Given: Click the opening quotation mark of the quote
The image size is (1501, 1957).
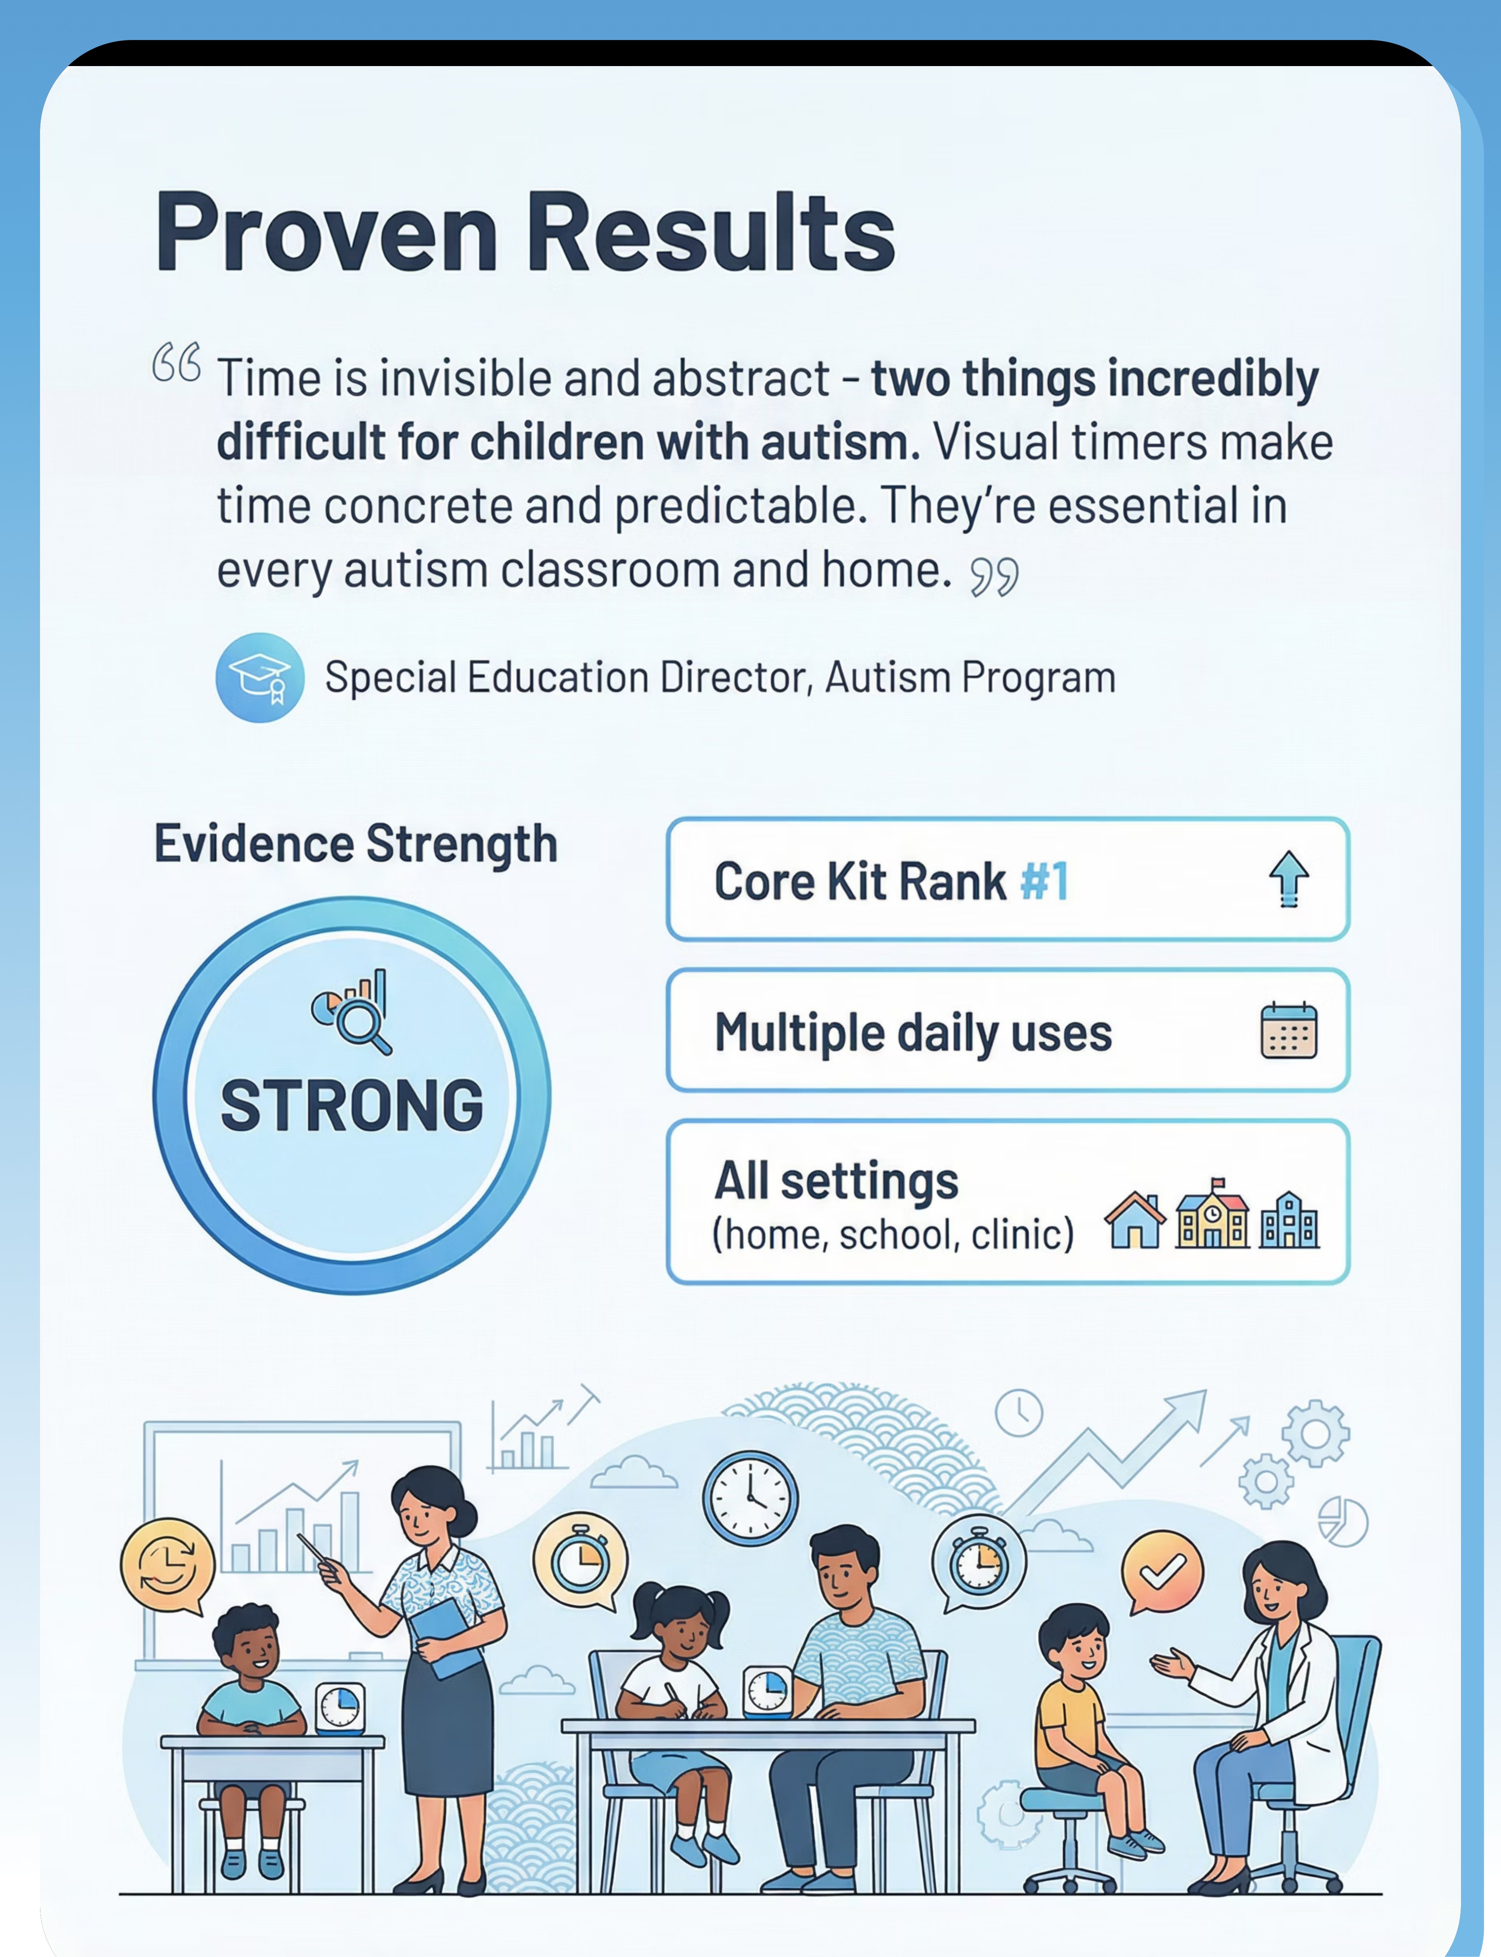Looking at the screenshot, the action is click(x=176, y=362).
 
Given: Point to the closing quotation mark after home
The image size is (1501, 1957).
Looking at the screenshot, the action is click(x=994, y=576).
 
